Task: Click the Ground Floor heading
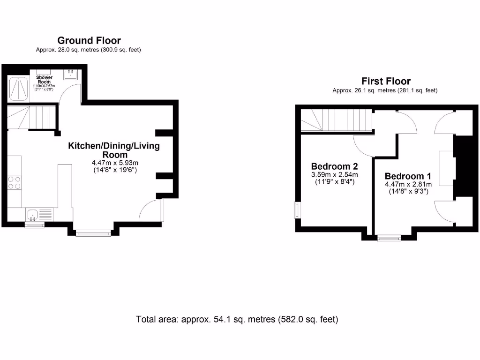pyautogui.click(x=89, y=40)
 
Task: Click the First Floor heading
pyautogui.click(x=385, y=81)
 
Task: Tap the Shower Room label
pyautogui.click(x=45, y=80)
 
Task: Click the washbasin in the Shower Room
pyautogui.click(x=72, y=74)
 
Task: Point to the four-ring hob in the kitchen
pyautogui.click(x=15, y=182)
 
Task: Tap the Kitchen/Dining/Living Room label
pyautogui.click(x=114, y=150)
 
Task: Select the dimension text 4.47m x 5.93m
pyautogui.click(x=114, y=163)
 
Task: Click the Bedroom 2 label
pyautogui.click(x=335, y=166)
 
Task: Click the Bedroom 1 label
pyautogui.click(x=408, y=176)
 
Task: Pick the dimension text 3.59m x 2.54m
pyautogui.click(x=335, y=175)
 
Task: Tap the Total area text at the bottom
pyautogui.click(x=237, y=320)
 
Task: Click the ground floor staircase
pyautogui.click(x=31, y=117)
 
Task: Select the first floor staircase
pyautogui.click(x=336, y=121)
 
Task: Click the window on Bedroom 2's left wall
pyautogui.click(x=297, y=210)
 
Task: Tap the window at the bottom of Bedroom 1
pyautogui.click(x=390, y=238)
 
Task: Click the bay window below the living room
pyautogui.click(x=93, y=232)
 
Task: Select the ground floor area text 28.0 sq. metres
pyautogui.click(x=89, y=50)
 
